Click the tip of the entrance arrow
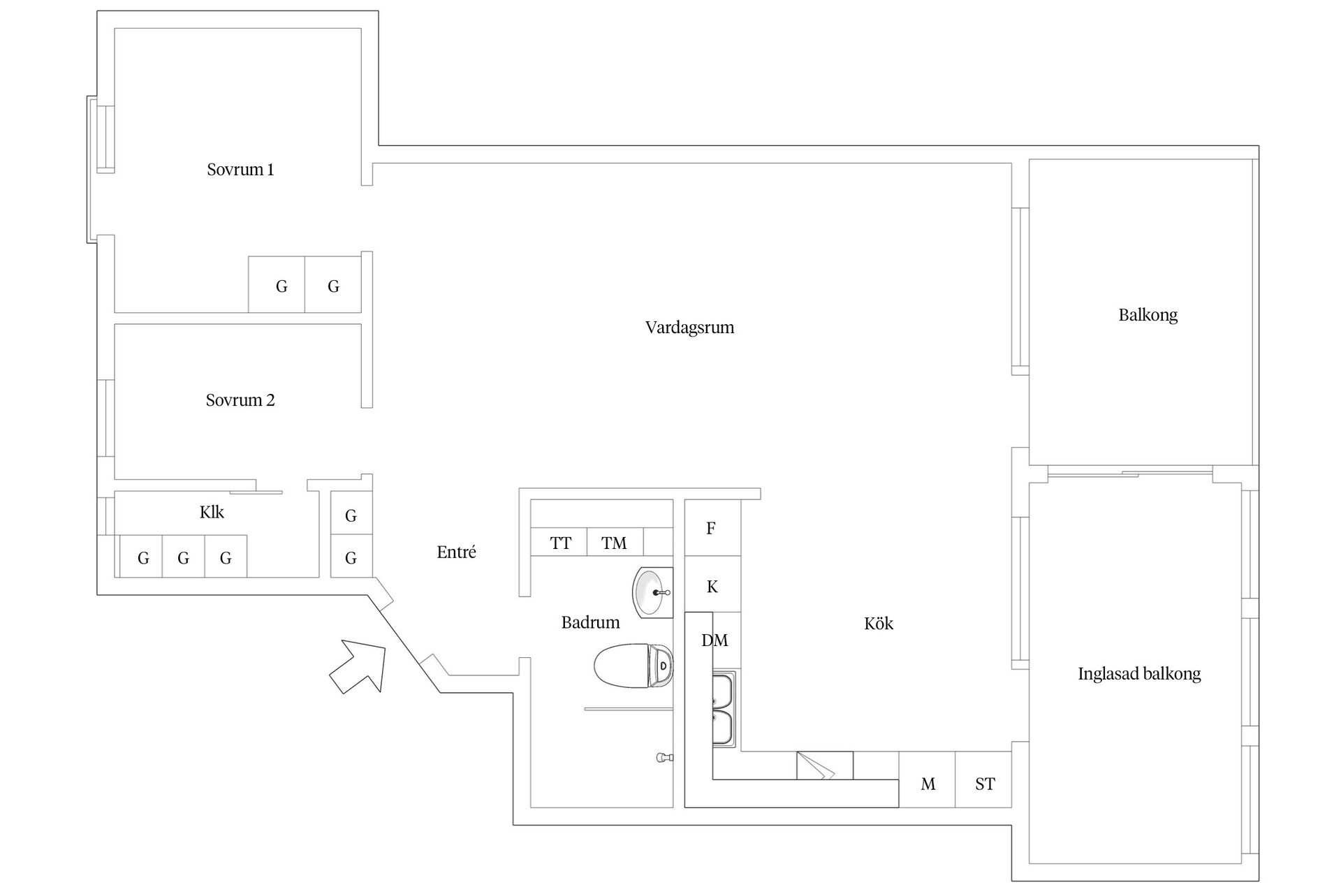click(386, 647)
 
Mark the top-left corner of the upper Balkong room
click(1029, 160)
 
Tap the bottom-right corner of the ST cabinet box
click(1011, 807)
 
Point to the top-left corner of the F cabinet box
click(684, 500)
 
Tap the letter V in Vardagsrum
click(651, 327)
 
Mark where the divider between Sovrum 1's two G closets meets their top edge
click(305, 257)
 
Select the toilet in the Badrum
click(633, 666)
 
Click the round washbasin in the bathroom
click(652, 592)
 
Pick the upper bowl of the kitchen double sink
click(724, 691)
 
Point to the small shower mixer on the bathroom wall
click(665, 757)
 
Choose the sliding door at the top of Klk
click(256, 492)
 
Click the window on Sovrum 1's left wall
click(105, 138)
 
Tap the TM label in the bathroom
click(614, 543)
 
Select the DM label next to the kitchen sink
click(715, 640)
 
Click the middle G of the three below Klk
click(183, 558)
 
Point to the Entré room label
click(457, 552)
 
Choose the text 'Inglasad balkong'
click(1139, 674)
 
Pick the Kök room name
click(879, 623)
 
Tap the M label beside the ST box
click(928, 784)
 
